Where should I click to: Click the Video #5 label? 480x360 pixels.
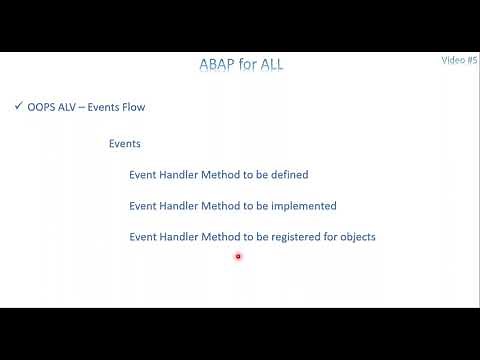459,60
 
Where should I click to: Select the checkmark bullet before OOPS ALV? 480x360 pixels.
19,106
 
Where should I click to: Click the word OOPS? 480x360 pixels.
42,107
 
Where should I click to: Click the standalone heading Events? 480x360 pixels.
124,143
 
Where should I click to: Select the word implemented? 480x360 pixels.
301,206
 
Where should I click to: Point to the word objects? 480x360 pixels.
356,237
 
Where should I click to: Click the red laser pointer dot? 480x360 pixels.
238,257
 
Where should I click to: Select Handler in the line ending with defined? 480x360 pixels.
180,175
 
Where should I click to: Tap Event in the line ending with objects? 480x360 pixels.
143,237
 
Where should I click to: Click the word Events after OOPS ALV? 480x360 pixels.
108,107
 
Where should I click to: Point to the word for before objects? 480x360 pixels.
327,237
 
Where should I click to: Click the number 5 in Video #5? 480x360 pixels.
474,60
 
